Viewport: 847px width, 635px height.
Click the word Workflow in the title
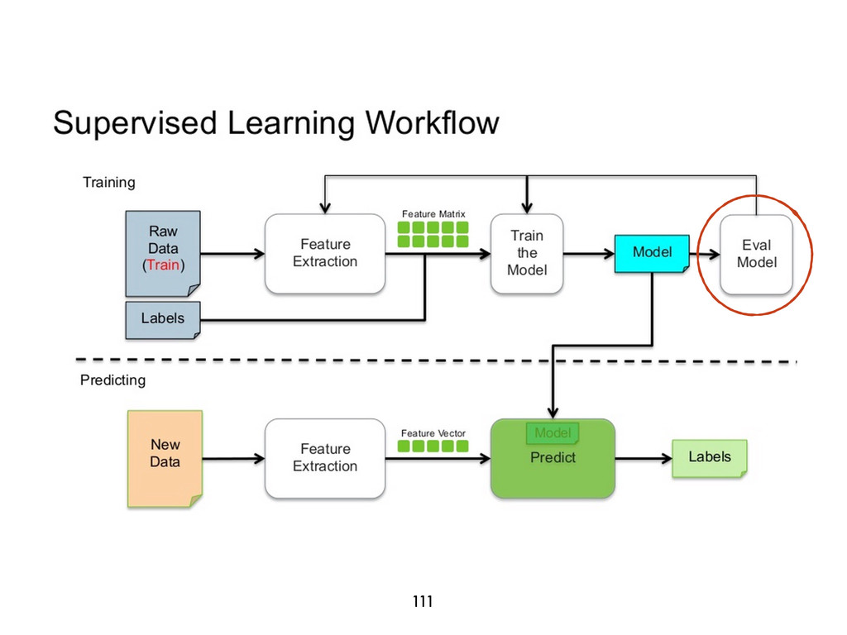(x=432, y=122)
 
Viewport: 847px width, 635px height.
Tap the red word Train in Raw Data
(x=163, y=265)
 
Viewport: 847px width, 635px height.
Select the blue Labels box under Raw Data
(x=163, y=320)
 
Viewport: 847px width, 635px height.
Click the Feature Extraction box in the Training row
(x=325, y=253)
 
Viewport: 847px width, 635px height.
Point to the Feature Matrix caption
(x=433, y=214)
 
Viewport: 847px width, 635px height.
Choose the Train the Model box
(x=527, y=253)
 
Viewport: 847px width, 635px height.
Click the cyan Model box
(x=652, y=253)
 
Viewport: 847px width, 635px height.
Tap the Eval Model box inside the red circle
(x=756, y=255)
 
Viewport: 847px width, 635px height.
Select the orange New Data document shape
(x=165, y=459)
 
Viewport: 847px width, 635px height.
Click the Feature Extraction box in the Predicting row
(x=325, y=458)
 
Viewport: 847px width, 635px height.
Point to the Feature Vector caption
(x=433, y=433)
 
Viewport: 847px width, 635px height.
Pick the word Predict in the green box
(x=553, y=458)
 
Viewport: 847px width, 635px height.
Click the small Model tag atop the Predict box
(x=553, y=433)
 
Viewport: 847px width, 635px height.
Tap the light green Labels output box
(x=709, y=458)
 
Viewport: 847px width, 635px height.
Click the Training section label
(x=108, y=183)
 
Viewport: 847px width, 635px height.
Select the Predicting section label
(x=112, y=380)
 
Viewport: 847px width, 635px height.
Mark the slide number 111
(x=423, y=601)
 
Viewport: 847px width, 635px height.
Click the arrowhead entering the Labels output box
(x=667, y=458)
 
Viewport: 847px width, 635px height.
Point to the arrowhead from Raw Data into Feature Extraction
(x=259, y=253)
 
